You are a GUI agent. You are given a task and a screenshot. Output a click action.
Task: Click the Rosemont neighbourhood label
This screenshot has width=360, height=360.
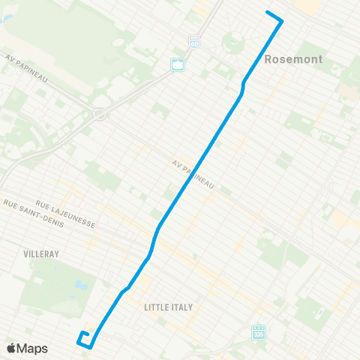click(x=293, y=58)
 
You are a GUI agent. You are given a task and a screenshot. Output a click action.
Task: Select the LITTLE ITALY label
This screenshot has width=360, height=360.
click(x=168, y=307)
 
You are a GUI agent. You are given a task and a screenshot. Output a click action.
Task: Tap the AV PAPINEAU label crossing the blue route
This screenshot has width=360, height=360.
click(x=193, y=174)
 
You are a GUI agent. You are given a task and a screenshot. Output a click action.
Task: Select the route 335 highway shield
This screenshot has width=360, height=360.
click(x=259, y=331)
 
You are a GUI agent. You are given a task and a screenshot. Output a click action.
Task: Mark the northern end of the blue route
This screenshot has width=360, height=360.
click(x=268, y=12)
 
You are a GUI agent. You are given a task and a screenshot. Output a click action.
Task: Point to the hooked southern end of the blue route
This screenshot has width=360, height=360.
click(x=84, y=334)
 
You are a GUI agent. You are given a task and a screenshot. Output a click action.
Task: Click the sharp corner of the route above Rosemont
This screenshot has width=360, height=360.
click(x=281, y=21)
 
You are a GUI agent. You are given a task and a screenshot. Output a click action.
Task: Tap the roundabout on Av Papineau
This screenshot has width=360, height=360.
click(x=100, y=115)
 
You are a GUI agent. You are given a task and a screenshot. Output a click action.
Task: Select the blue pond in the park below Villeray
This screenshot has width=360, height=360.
click(x=78, y=284)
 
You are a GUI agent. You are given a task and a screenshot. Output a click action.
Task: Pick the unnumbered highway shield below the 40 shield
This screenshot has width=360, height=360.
click(x=178, y=65)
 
